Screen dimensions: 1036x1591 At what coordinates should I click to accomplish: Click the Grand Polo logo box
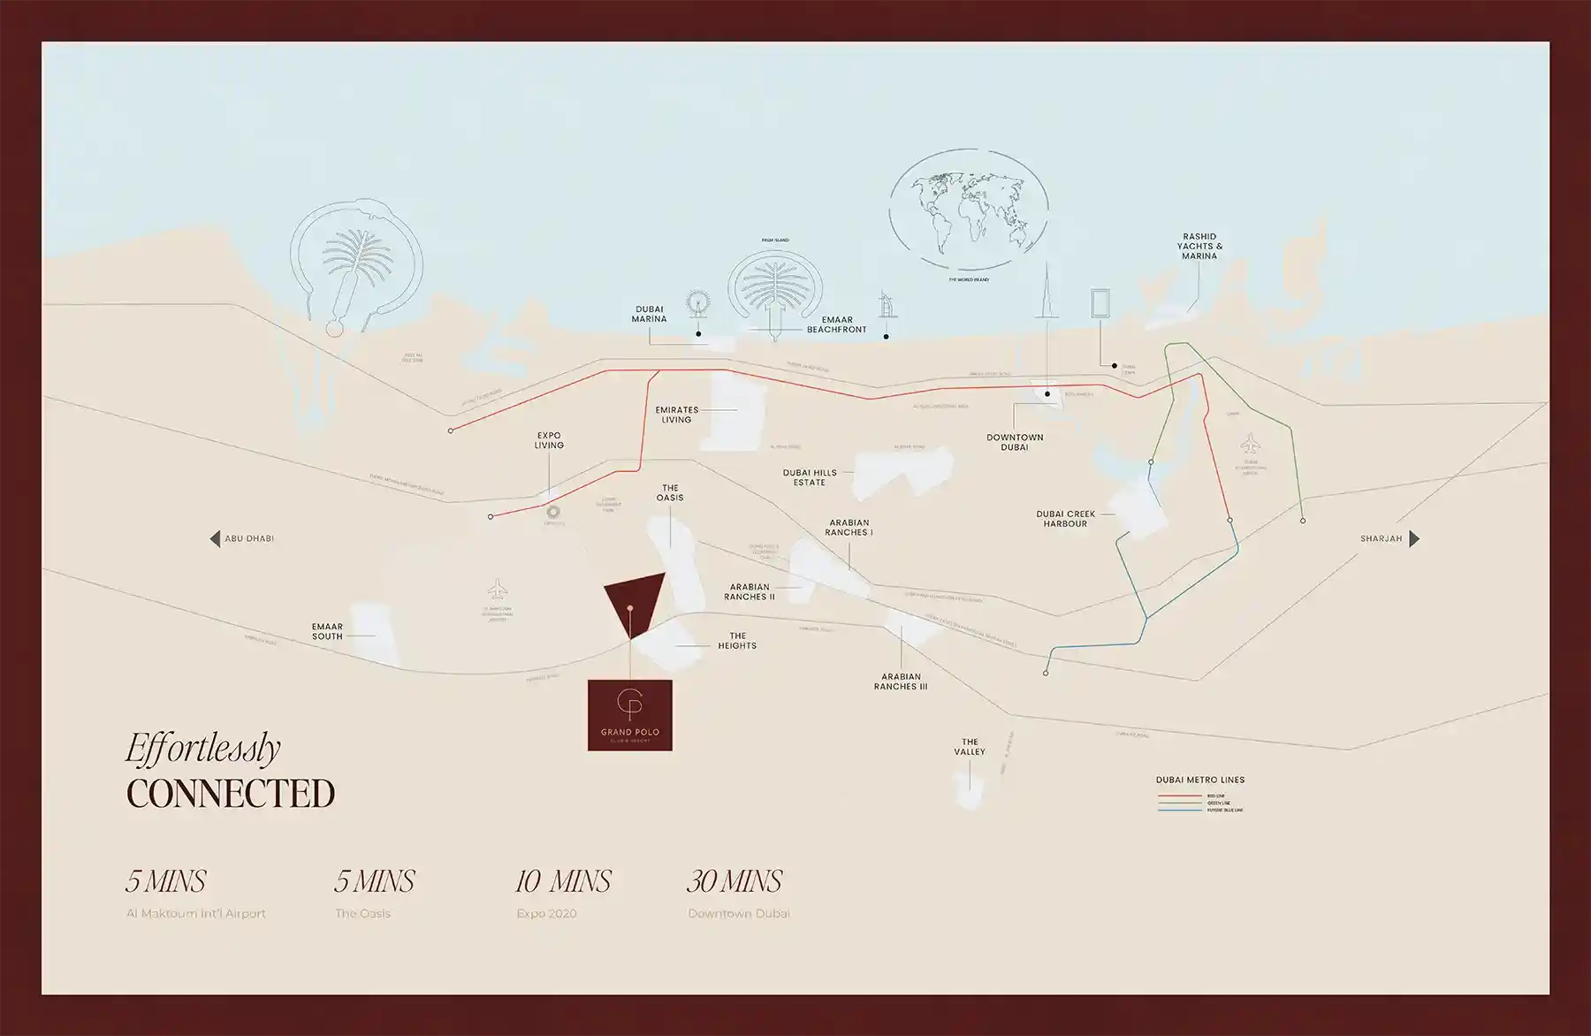pos(629,715)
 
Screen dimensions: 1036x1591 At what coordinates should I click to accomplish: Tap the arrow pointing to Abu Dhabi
pos(215,538)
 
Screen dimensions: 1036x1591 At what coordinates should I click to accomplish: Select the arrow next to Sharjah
pos(1413,538)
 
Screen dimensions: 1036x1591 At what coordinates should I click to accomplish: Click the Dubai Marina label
pos(649,314)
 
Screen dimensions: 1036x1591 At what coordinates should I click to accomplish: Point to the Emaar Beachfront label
pos(836,324)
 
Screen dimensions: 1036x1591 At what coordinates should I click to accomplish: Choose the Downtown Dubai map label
pos(1015,442)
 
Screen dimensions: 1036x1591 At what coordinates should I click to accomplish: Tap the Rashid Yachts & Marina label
pos(1199,247)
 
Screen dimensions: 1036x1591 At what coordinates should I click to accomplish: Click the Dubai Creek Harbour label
pos(1065,519)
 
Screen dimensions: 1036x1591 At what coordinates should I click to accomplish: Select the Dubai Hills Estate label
pos(809,477)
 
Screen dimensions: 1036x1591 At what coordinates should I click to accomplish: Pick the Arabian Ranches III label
pos(901,682)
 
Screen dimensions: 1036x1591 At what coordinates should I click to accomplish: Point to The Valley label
pos(970,747)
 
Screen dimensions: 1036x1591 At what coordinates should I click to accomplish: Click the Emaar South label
pos(327,631)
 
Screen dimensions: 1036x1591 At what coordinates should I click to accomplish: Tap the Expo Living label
pos(549,440)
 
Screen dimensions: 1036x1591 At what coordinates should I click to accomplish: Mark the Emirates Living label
pos(676,415)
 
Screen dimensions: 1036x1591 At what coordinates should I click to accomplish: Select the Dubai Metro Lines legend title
pos(1199,780)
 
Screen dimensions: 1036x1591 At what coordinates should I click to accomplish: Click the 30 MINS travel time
pos(735,881)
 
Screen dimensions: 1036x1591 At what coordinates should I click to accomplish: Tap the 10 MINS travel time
pos(563,881)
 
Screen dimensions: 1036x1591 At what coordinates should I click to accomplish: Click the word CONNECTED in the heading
pos(231,793)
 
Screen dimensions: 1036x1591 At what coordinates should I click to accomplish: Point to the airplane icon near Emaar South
pos(499,588)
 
